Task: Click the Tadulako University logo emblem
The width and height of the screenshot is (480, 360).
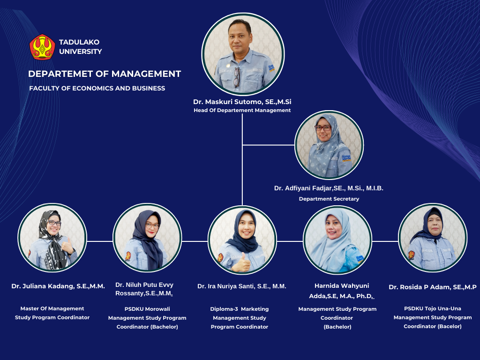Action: point(42,47)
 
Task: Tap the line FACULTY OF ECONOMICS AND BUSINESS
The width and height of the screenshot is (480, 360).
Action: point(97,88)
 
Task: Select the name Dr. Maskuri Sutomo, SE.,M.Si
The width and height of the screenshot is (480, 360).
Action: point(242,102)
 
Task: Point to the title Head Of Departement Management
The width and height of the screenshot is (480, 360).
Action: point(242,110)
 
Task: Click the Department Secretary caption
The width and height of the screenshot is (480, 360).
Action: point(329,199)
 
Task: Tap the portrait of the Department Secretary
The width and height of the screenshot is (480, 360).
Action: point(329,145)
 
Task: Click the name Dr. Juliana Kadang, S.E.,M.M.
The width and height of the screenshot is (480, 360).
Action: point(58,286)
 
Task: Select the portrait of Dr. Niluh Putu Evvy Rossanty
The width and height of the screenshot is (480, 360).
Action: point(147,238)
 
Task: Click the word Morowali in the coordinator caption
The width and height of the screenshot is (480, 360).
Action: point(156,309)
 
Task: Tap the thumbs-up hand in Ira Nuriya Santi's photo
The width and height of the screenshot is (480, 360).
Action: point(241,263)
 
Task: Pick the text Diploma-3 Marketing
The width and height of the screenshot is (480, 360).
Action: point(240,309)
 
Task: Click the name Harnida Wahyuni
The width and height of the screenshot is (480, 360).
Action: point(342,285)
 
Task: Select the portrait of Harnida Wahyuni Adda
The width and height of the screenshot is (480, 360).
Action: point(337,240)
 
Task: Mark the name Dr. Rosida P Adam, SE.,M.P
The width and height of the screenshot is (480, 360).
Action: point(433,287)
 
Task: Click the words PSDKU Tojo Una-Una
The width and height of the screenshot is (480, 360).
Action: point(433,308)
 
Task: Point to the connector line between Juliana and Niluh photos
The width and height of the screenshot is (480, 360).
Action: point(100,241)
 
